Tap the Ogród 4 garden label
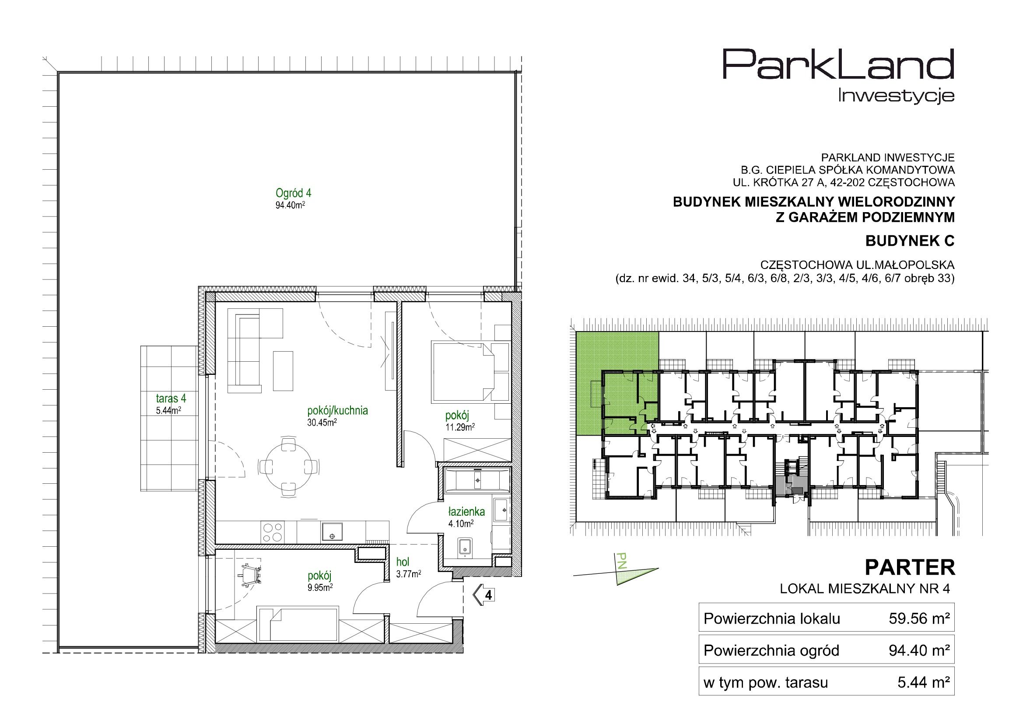293,193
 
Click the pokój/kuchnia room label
337,410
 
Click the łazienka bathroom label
466,512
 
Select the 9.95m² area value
320,587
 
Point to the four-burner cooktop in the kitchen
273,532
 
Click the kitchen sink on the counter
332,531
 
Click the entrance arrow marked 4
484,595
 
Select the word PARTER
909,568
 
